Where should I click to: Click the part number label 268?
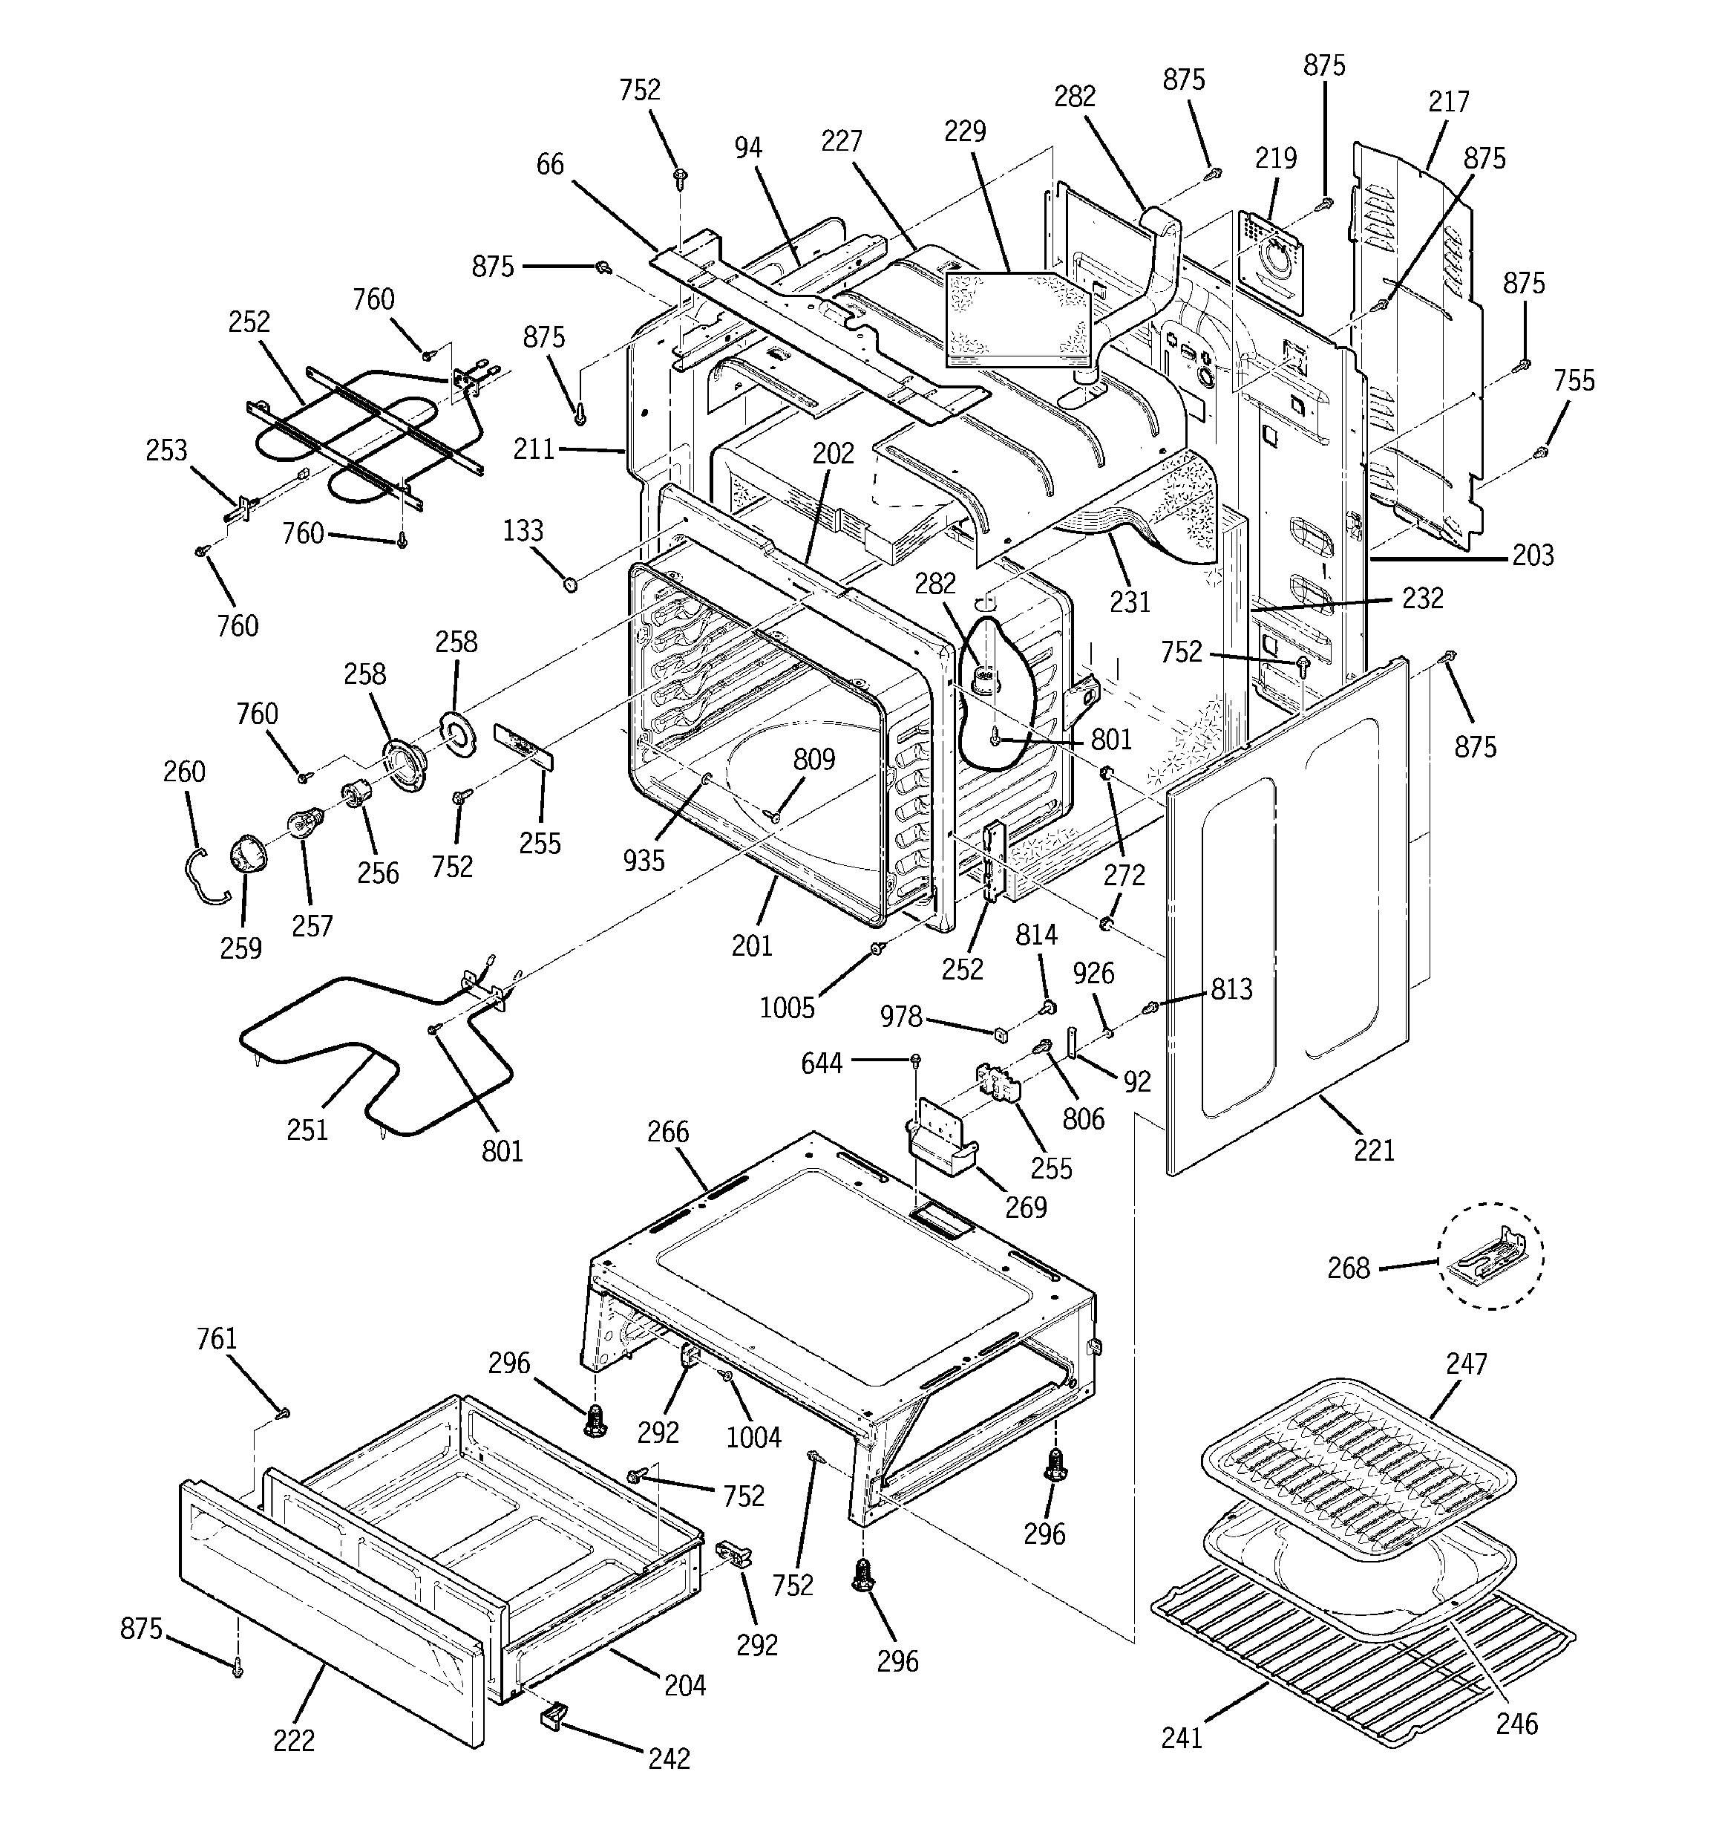[1348, 1268]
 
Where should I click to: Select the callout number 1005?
[787, 1008]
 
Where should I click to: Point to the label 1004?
[753, 1437]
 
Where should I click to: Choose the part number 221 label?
[1374, 1150]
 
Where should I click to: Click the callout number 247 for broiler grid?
[1467, 1363]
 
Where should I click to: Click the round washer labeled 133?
[570, 584]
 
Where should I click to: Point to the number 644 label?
[822, 1064]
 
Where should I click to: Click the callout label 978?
[900, 1017]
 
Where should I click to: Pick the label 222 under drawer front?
[294, 1740]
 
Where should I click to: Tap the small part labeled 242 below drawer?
[553, 1716]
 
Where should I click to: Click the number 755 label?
[1574, 380]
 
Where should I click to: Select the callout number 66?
[550, 165]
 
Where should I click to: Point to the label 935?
[644, 860]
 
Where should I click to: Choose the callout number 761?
[216, 1339]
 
